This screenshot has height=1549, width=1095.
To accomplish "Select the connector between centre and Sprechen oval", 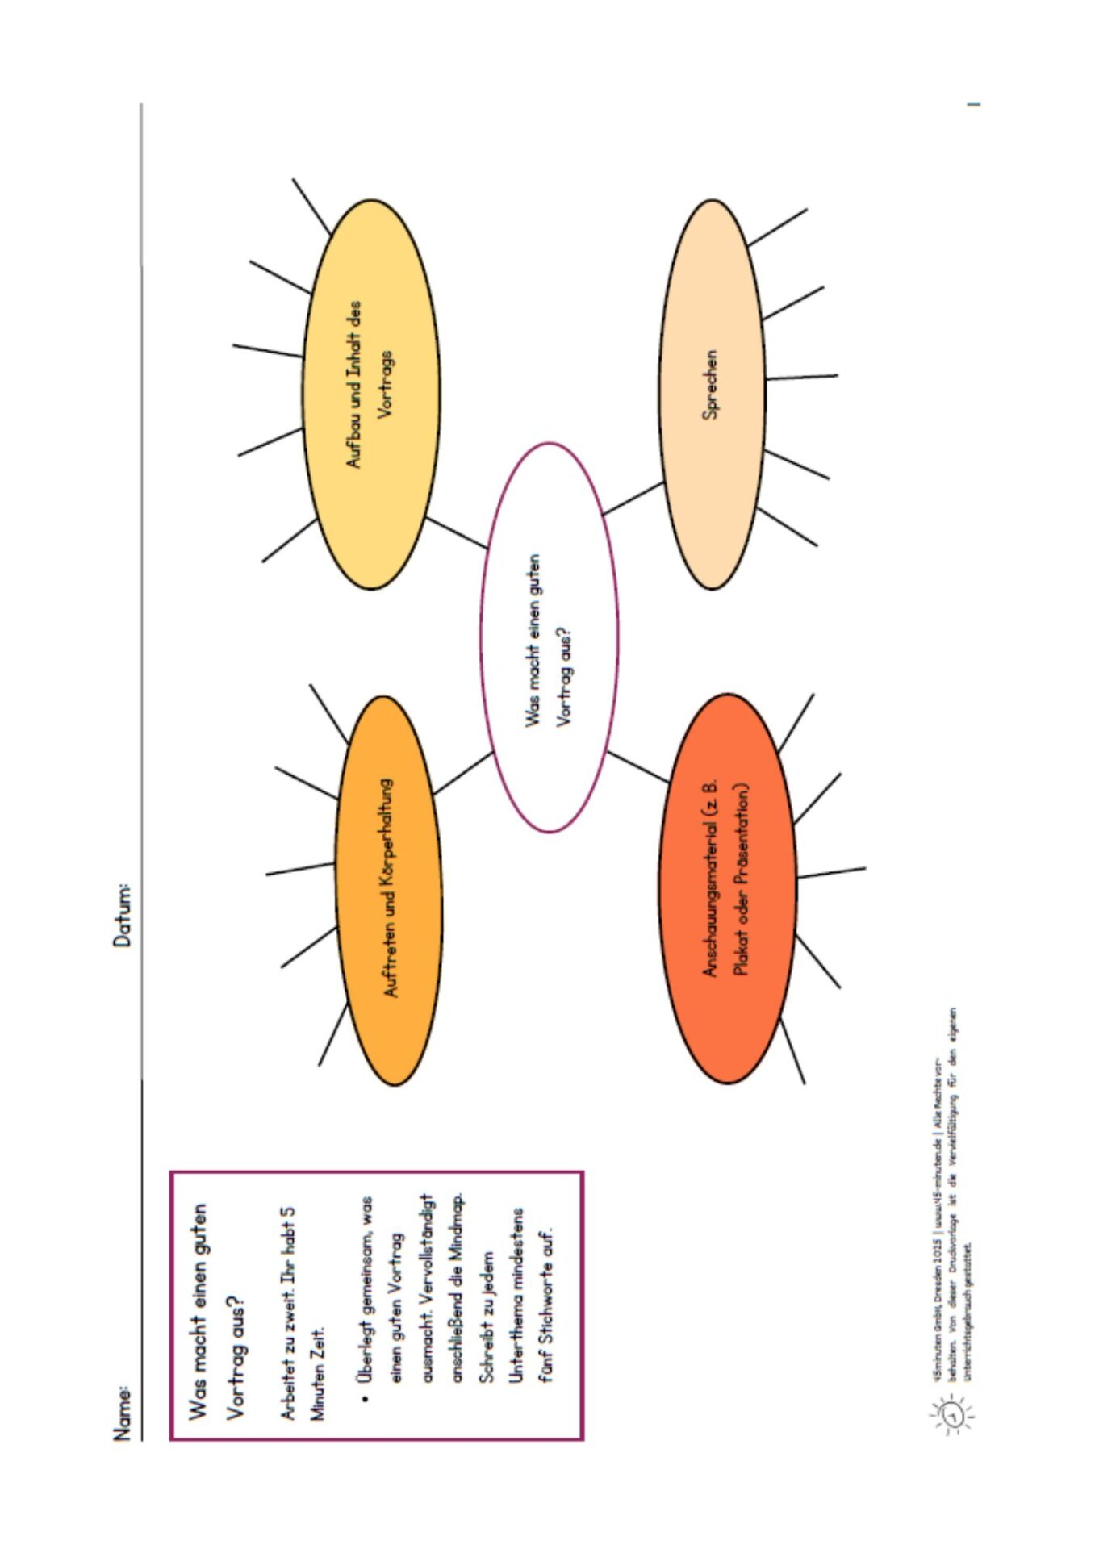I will pos(633,499).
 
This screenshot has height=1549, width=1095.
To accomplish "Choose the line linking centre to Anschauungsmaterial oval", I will pos(637,766).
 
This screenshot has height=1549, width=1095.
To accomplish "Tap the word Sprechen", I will pos(710,385).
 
